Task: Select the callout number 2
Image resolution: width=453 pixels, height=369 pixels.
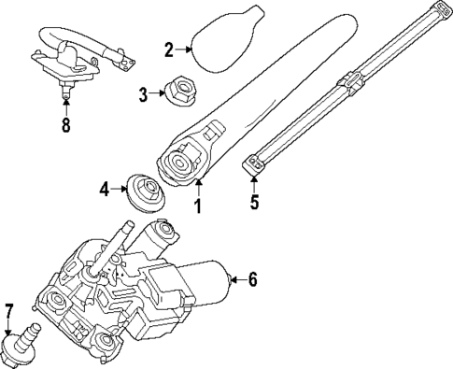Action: click(x=169, y=50)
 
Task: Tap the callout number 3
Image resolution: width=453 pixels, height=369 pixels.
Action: click(x=143, y=93)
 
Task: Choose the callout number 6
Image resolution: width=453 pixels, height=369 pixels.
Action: click(x=251, y=277)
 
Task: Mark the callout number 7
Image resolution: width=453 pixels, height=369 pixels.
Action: click(x=9, y=310)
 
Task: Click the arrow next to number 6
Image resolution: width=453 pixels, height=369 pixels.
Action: click(x=234, y=277)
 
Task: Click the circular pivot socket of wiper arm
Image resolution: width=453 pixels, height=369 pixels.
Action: click(x=177, y=163)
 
